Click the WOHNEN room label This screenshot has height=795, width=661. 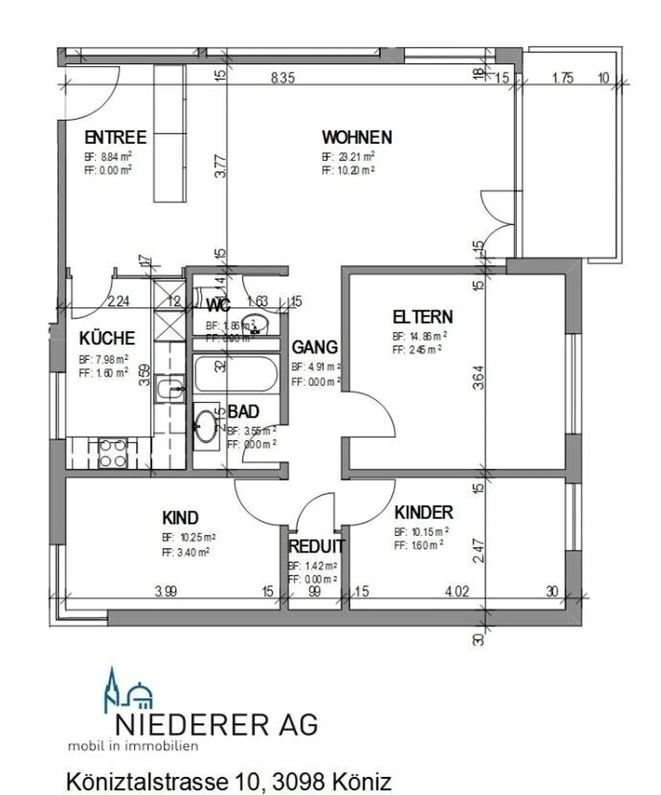click(357, 137)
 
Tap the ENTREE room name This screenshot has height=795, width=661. click(115, 137)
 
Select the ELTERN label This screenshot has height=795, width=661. click(422, 317)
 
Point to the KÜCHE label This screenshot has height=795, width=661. click(107, 338)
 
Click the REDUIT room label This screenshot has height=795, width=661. click(316, 547)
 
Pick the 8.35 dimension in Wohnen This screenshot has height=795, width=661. click(282, 78)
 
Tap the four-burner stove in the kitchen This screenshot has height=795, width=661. click(112, 453)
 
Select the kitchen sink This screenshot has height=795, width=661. click(169, 388)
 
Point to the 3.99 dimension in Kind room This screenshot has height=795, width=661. click(166, 591)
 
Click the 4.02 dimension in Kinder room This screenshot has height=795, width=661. click(457, 591)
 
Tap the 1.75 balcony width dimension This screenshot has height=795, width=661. click(562, 78)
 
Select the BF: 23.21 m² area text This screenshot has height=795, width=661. click(348, 157)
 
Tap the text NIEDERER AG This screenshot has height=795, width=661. click(216, 725)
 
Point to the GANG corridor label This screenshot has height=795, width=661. click(314, 347)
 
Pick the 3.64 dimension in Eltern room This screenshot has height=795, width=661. click(478, 377)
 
